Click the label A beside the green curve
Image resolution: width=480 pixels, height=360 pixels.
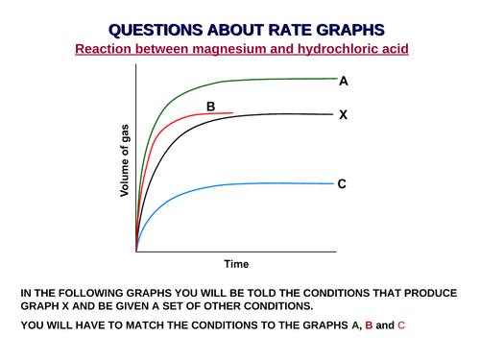[x=343, y=82]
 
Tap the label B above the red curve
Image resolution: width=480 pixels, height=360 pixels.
[x=209, y=106]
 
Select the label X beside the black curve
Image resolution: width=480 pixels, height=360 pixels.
[x=343, y=115]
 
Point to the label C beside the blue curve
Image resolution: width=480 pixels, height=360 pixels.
[x=342, y=183]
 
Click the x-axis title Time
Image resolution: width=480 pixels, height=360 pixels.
[x=236, y=263]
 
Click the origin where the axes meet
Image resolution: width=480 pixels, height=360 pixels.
[x=136, y=252]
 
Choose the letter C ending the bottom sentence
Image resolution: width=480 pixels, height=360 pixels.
[x=401, y=325]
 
